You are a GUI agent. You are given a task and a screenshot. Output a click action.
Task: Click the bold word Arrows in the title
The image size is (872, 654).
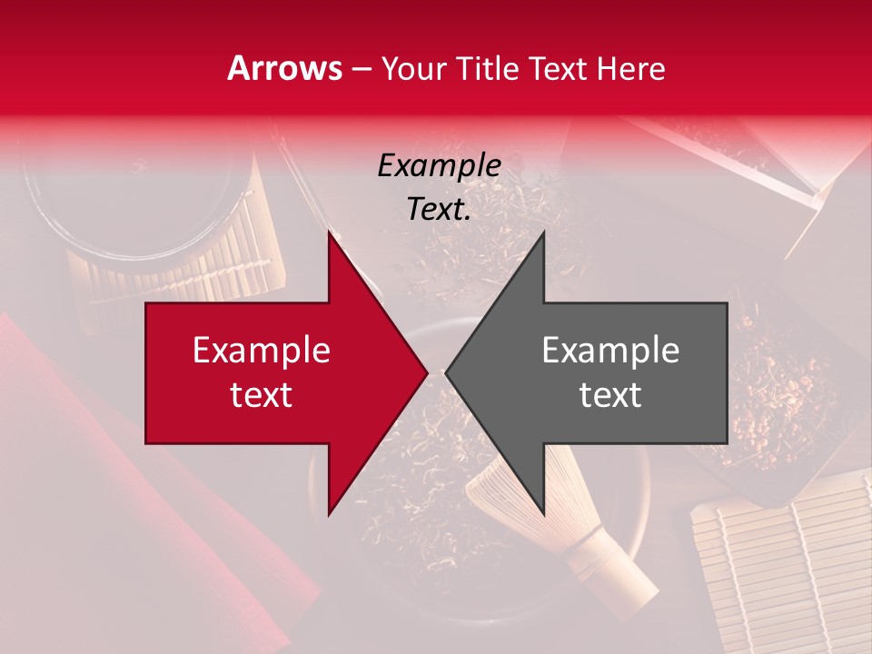click(x=285, y=68)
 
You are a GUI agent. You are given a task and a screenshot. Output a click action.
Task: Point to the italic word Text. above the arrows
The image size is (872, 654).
click(x=439, y=210)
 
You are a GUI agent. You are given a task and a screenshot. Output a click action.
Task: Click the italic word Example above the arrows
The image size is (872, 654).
click(x=440, y=165)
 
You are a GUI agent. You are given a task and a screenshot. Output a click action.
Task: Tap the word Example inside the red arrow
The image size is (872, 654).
click(x=262, y=351)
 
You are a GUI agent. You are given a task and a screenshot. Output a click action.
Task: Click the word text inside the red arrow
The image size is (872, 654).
click(x=262, y=395)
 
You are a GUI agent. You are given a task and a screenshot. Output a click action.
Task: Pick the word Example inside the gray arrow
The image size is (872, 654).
click(x=610, y=351)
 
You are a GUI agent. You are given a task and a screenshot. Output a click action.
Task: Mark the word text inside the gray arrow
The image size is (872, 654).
click(x=610, y=395)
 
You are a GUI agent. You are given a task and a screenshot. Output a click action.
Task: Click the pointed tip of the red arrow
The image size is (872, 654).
click(x=424, y=372)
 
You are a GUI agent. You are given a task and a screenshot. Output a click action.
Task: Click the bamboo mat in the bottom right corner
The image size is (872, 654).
click(x=781, y=572)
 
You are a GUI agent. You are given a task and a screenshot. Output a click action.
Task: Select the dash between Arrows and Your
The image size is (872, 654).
click(x=361, y=69)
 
